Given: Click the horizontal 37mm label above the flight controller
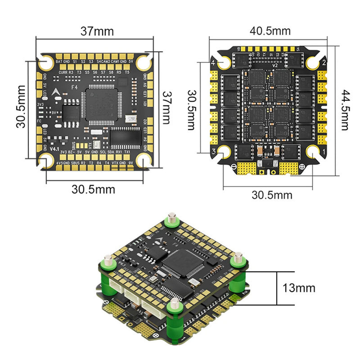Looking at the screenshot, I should pos(97,31).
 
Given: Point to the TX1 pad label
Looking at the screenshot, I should pos(127,152).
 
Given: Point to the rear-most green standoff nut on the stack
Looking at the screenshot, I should pos(171,221).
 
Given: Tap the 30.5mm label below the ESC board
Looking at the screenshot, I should pos(272,195).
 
